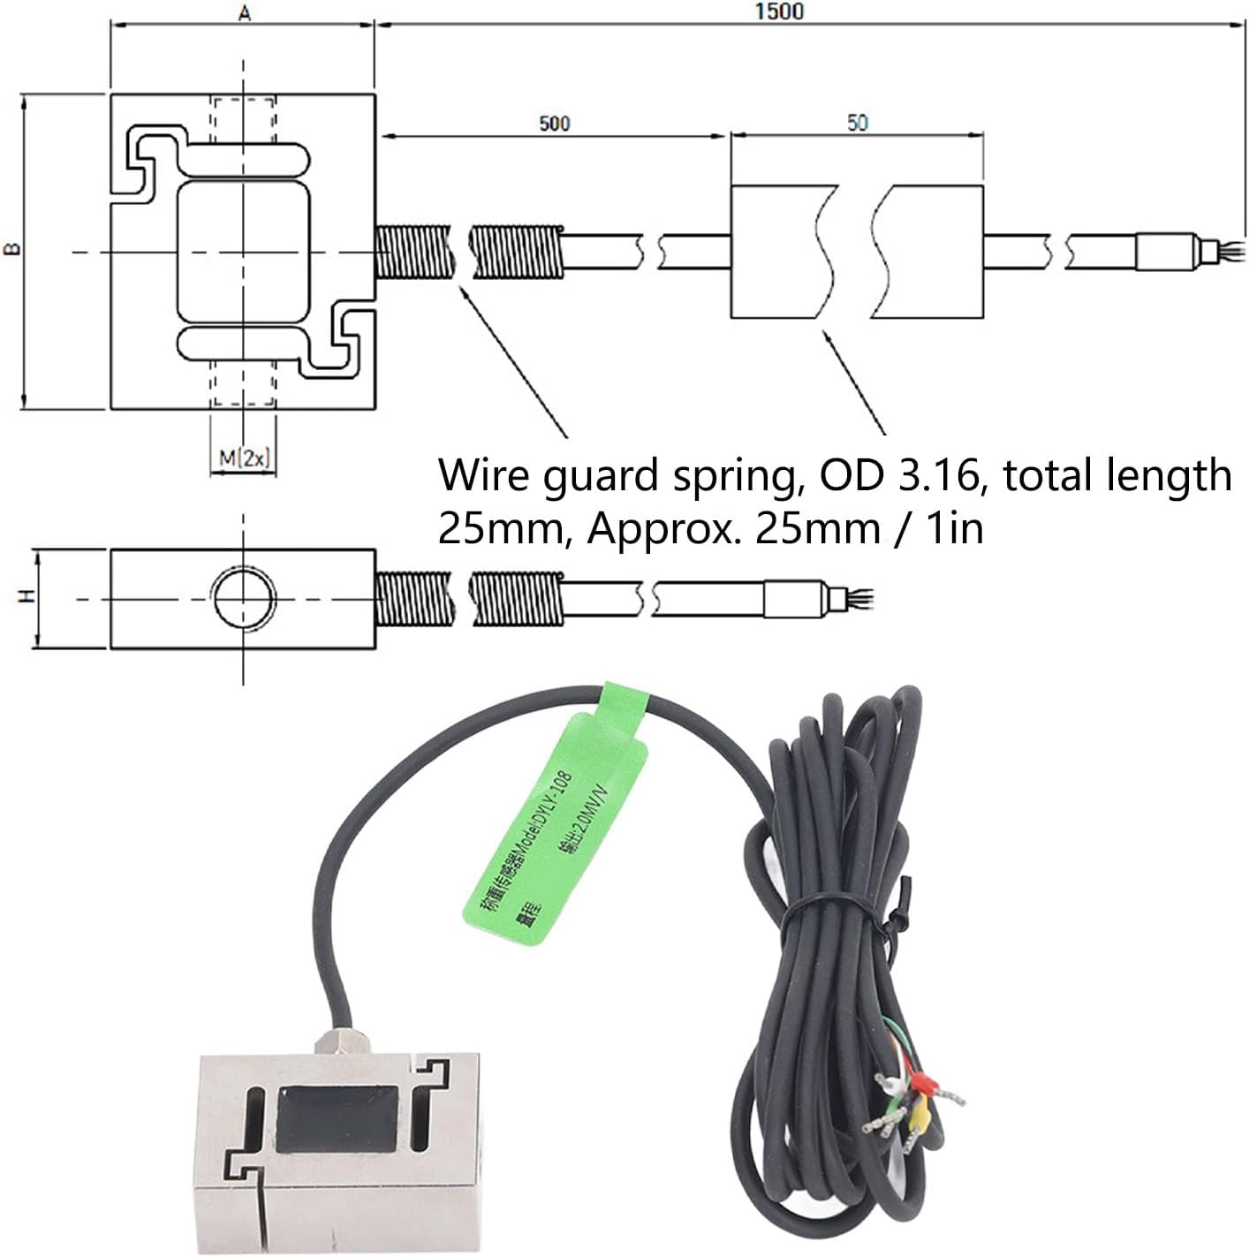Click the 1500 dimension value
[780, 11]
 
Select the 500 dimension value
[554, 124]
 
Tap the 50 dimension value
[857, 124]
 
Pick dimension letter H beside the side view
[28, 597]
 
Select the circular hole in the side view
[243, 599]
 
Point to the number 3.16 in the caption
[935, 475]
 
